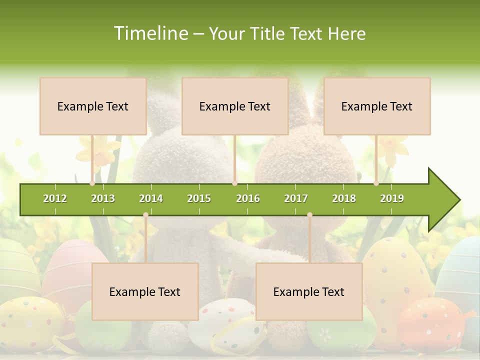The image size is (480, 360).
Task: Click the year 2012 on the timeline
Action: (x=55, y=198)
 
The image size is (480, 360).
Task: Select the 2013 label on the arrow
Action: (x=103, y=198)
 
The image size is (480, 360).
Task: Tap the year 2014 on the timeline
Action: (x=151, y=198)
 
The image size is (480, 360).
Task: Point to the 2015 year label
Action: (x=199, y=198)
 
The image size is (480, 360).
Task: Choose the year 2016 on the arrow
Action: (x=248, y=198)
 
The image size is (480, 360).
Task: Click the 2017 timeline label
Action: (x=296, y=198)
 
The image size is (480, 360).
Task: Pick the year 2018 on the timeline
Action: (x=344, y=198)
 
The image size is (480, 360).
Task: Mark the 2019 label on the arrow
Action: (x=392, y=198)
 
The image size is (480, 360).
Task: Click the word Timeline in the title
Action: (x=150, y=33)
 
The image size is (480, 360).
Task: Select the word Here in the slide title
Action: (x=346, y=33)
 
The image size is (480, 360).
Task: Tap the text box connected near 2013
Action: (x=93, y=106)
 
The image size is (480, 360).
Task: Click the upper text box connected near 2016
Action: (x=235, y=106)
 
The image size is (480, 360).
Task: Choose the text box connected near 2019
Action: (x=377, y=106)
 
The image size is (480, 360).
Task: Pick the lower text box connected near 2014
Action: (x=145, y=291)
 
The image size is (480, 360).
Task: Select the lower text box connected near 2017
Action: (x=309, y=291)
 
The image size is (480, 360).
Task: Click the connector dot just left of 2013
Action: (x=92, y=183)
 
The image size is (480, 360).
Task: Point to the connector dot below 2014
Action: (x=145, y=214)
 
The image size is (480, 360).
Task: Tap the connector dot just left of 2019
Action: (x=376, y=183)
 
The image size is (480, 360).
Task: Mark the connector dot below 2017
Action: (x=309, y=214)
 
